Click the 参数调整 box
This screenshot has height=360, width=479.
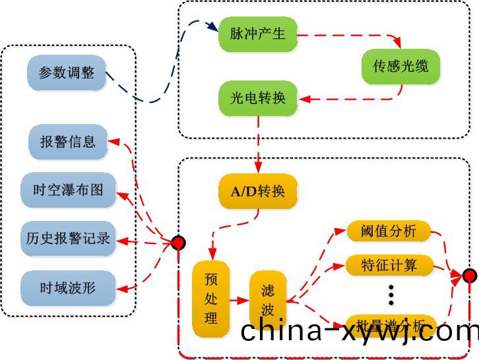(66, 73)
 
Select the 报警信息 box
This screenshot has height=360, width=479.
(67, 142)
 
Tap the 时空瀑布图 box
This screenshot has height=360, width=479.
(67, 191)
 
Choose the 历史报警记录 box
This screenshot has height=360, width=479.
(68, 238)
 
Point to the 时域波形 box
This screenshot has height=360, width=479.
(67, 288)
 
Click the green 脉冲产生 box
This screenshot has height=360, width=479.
(257, 34)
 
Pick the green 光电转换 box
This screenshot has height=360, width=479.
(257, 99)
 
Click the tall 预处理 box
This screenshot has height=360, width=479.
(210, 299)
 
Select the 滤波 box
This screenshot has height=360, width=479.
(268, 299)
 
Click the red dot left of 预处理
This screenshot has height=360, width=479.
(178, 243)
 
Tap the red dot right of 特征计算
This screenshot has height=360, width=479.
(469, 275)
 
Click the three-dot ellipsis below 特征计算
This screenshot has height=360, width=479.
(391, 294)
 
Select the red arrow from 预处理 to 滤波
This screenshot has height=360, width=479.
(238, 301)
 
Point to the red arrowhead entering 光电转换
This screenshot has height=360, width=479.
(304, 100)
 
